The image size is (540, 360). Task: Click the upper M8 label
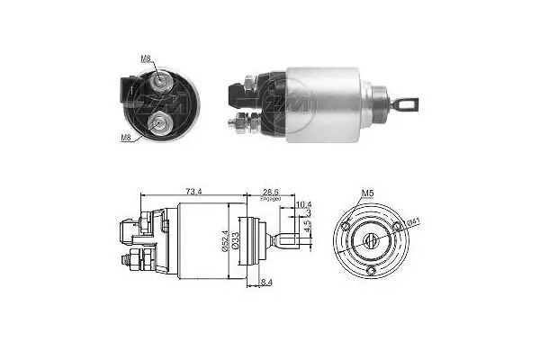tap(146, 58)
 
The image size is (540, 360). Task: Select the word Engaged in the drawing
tap(271, 200)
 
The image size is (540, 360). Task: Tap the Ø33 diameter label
tap(236, 240)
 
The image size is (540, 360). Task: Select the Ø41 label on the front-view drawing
tap(412, 222)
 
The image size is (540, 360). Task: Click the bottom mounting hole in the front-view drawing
tap(372, 270)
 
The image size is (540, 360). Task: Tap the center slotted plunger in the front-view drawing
tap(372, 240)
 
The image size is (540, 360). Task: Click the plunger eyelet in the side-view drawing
tap(288, 240)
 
